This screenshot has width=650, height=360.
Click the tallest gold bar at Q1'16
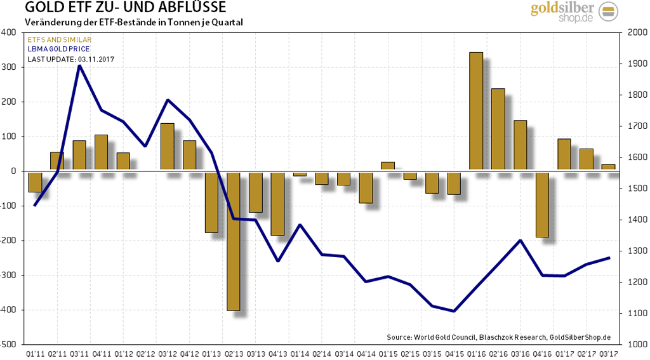[476, 111]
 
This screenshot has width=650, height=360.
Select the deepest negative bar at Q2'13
[234, 241]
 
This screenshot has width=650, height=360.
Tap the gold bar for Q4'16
[542, 204]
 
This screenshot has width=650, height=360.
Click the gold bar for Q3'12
[168, 147]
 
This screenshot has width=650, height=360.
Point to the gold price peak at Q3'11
[79, 65]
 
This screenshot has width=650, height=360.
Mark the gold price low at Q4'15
[454, 311]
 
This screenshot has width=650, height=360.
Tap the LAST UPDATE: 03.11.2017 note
[70, 59]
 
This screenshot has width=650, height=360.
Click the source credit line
[498, 337]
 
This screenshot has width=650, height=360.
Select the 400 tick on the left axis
[10, 32]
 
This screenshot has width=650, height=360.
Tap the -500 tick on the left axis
[8, 344]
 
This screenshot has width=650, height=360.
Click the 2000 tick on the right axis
[637, 32]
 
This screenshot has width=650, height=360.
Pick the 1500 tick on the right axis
[637, 189]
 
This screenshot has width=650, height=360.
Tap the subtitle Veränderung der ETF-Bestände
[133, 22]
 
